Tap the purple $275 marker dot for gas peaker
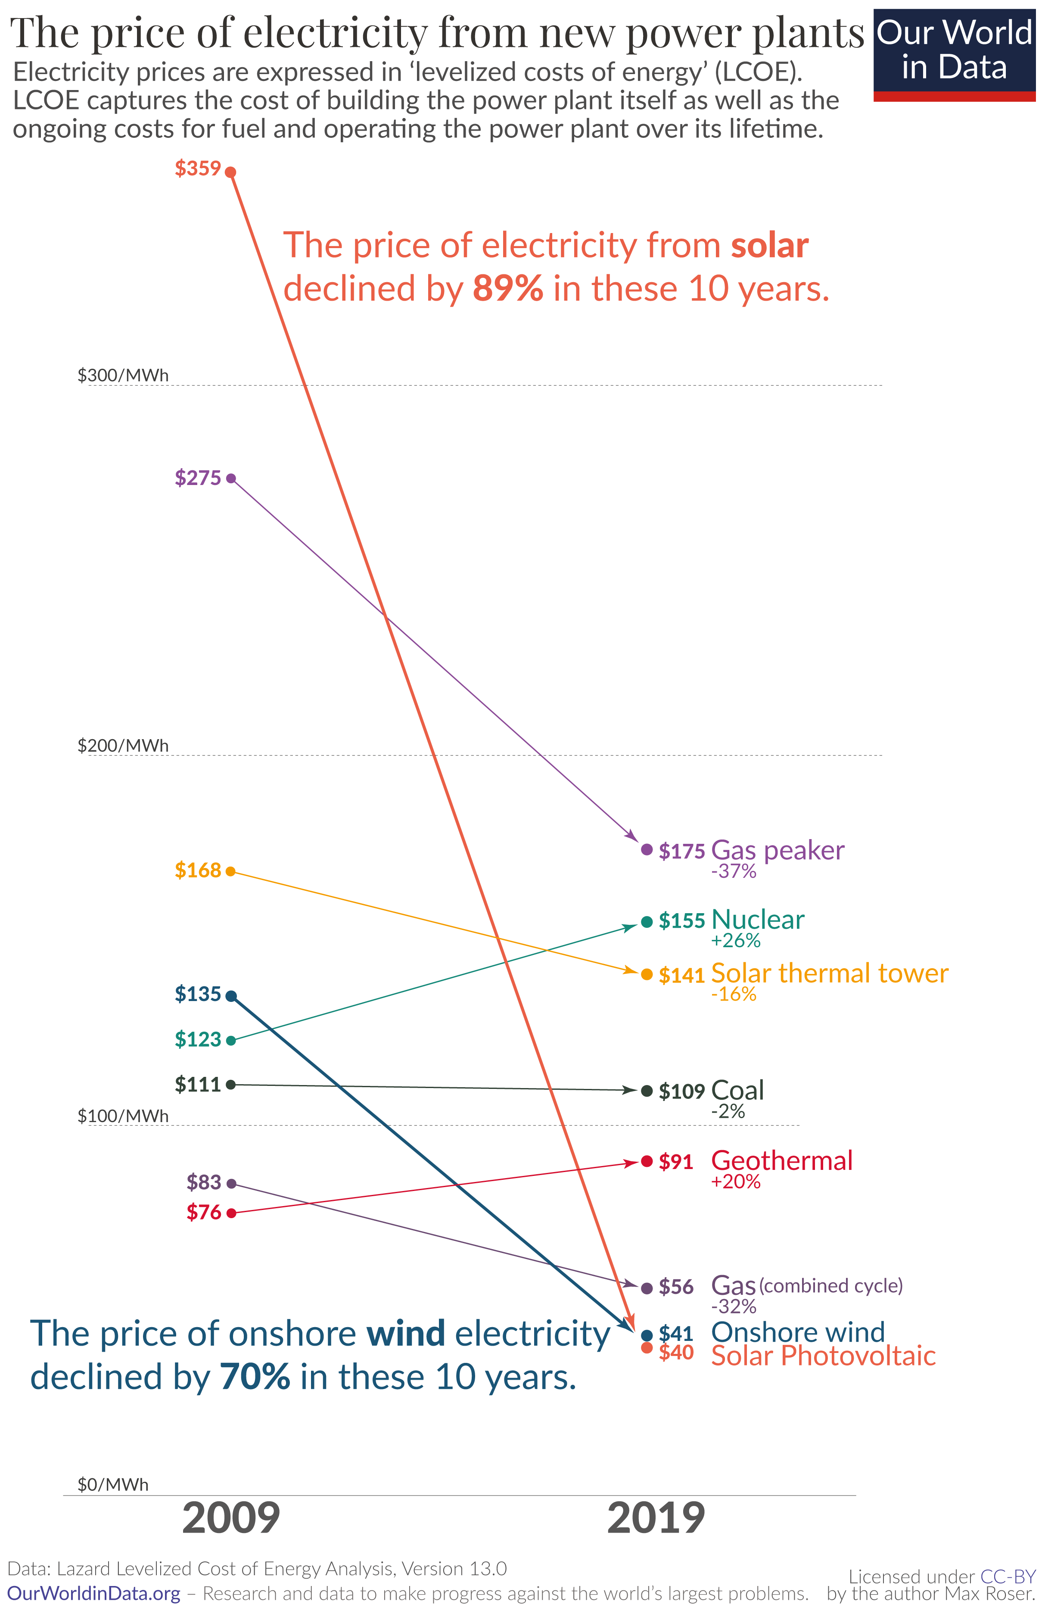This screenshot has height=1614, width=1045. pyautogui.click(x=230, y=478)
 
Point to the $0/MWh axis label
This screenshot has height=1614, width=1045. pyautogui.click(x=112, y=1484)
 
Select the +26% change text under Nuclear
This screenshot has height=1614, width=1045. pyautogui.click(x=736, y=940)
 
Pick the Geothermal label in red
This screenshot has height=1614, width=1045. pyautogui.click(x=781, y=1160)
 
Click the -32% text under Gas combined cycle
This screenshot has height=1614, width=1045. pyautogui.click(x=734, y=1306)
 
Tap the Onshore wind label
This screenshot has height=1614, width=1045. pyautogui.click(x=797, y=1332)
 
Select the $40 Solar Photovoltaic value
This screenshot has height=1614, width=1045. pyautogui.click(x=676, y=1352)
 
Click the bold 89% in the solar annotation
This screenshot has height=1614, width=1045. pyautogui.click(x=507, y=288)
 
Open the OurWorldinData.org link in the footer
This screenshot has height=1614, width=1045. pyautogui.click(x=93, y=1593)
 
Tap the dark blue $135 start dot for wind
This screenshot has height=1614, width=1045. pyautogui.click(x=230, y=995)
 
